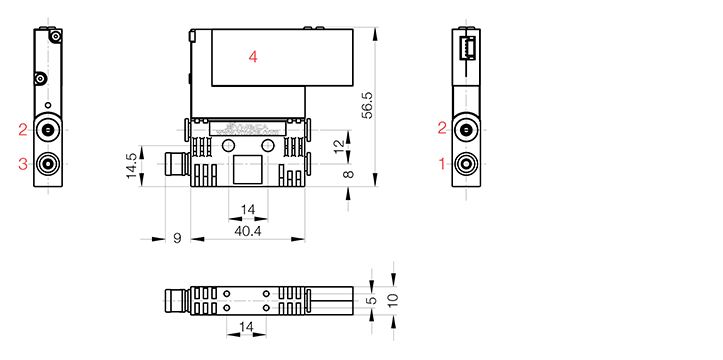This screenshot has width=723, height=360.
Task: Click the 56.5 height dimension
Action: coord(367,106)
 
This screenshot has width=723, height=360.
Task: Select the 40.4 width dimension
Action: coord(248,231)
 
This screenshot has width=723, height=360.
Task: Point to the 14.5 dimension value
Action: coord(131,166)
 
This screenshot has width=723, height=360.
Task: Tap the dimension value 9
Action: coord(178,238)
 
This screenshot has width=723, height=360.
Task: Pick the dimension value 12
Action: coord(339,146)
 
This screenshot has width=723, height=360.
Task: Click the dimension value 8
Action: coord(349,174)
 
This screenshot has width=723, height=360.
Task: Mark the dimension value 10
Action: coord(393,300)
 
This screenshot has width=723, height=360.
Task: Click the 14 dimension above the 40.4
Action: coord(248,210)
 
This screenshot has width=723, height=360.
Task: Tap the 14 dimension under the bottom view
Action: coord(246,327)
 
